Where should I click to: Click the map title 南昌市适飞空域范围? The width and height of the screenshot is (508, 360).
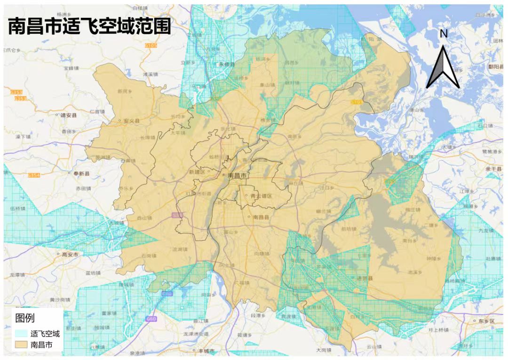tap(89, 27)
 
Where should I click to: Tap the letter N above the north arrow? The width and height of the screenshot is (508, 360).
tap(443, 33)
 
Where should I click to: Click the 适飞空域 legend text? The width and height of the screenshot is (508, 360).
tap(45, 334)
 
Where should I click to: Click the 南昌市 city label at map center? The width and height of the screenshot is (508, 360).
tap(237, 175)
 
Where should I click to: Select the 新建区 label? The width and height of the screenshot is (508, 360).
tap(197, 172)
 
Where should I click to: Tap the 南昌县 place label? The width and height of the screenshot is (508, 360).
tap(261, 218)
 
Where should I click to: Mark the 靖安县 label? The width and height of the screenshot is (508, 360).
tap(68, 115)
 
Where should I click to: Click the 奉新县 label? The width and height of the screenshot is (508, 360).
tap(82, 173)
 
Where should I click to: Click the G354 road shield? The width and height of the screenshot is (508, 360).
tap(34, 175)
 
